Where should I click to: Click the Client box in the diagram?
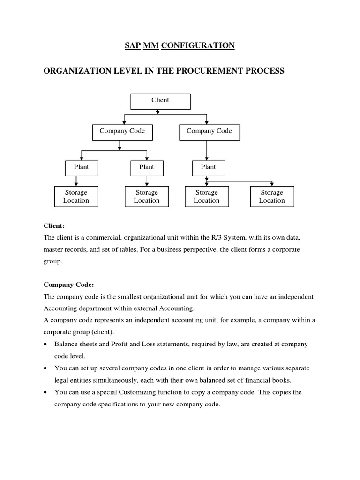coord(160,101)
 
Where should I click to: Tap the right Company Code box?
coord(209,132)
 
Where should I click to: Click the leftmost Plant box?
coord(81,168)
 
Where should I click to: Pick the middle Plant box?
coord(146,168)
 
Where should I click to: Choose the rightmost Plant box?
coord(208,168)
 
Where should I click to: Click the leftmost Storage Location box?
coord(76,196)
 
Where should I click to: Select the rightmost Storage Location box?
coord(272,196)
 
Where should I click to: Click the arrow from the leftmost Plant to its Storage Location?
coord(76,180)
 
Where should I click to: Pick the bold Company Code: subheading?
coord(68,285)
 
